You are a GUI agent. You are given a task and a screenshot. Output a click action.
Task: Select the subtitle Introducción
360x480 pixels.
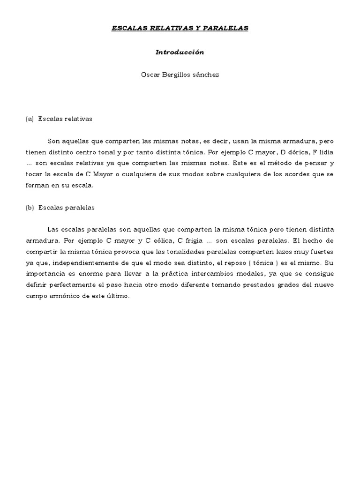click(x=180, y=52)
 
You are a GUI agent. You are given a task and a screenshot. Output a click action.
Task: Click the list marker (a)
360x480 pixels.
click(x=30, y=119)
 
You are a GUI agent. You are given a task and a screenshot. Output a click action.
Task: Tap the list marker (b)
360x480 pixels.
click(x=30, y=207)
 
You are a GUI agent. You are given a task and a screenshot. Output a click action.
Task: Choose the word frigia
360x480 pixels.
click(x=192, y=240)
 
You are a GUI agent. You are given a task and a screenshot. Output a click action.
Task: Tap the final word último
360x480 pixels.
click(x=121, y=296)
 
